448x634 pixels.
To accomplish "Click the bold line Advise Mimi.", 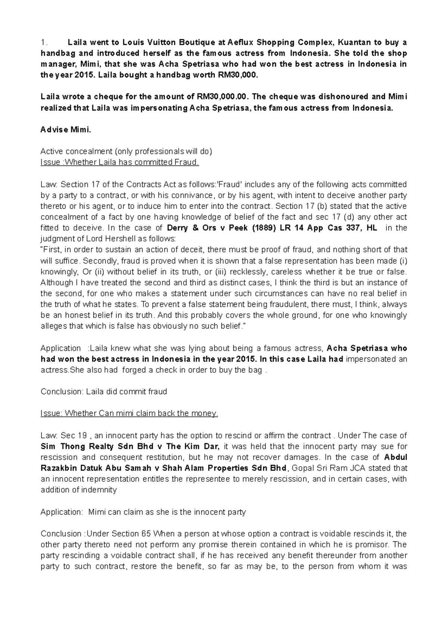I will (x=65, y=130).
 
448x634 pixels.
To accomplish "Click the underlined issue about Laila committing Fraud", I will (x=120, y=162).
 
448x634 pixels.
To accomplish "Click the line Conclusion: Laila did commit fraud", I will (x=104, y=392).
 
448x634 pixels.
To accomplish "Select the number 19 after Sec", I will (x=83, y=435).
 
